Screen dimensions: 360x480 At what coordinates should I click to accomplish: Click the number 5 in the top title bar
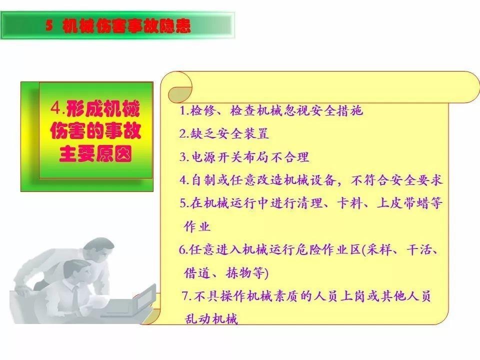[x=49, y=26]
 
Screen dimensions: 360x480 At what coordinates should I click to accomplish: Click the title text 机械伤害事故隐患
[x=126, y=26]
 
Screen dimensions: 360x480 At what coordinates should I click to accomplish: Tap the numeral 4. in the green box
[x=58, y=108]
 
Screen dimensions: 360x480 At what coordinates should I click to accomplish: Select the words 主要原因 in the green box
[x=95, y=154]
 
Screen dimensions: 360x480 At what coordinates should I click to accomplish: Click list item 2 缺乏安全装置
[x=224, y=133]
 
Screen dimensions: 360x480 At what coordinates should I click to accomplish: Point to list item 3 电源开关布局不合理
[x=244, y=157]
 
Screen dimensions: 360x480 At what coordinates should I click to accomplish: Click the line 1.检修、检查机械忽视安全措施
[x=271, y=111]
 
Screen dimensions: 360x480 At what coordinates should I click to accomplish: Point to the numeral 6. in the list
[x=183, y=250]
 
